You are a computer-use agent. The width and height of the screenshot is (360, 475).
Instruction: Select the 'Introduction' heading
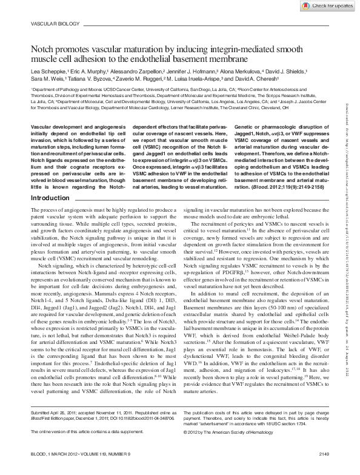click(x=50, y=164)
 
